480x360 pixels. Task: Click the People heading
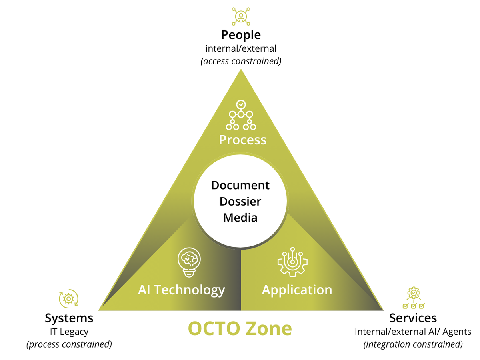[241, 35]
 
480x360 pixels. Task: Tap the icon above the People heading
[241, 15]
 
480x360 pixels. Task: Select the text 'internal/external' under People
[241, 49]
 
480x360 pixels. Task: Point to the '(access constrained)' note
[241, 61]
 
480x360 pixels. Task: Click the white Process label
[242, 140]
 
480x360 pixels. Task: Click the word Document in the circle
[240, 186]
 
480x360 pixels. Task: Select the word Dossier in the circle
[240, 201]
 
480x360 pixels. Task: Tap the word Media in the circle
[240, 218]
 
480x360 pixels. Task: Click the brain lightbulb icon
[189, 262]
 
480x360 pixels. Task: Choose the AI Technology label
[182, 290]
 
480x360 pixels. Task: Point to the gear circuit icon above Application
[292, 262]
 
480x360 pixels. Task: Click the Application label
[297, 290]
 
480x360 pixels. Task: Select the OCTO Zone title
[240, 328]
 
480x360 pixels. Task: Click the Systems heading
[69, 318]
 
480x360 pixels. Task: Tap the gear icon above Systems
[69, 298]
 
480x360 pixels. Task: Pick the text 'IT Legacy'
[69, 332]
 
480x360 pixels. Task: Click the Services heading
[413, 318]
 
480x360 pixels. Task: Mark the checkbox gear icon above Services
[413, 298]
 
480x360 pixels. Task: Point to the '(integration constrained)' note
[413, 344]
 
